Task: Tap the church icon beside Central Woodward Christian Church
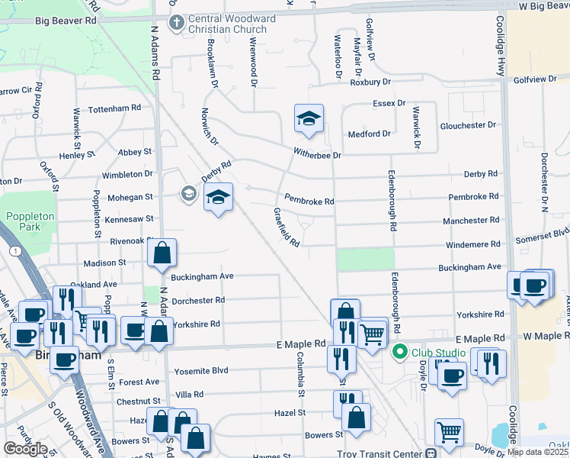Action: [x=175, y=22]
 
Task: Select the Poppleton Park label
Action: [x=30, y=221]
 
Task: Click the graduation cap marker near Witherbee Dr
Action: [x=309, y=118]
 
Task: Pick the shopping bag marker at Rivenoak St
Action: [x=162, y=253]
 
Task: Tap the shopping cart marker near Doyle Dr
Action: [x=449, y=432]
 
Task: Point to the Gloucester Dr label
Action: [x=469, y=124]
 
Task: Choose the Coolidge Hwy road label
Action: [x=501, y=47]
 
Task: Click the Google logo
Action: [x=25, y=449]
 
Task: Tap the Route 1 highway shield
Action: [x=13, y=250]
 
